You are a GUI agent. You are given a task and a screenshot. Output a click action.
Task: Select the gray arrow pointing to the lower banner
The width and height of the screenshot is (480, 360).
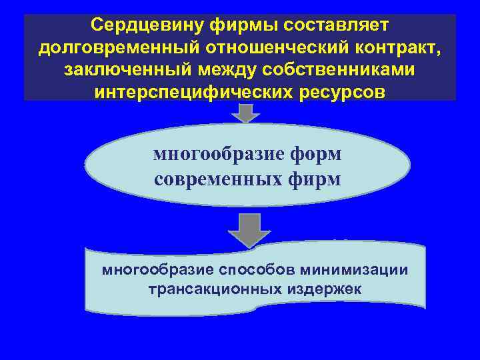pyautogui.click(x=249, y=229)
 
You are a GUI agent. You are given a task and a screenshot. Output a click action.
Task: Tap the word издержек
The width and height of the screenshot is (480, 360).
pyautogui.click(x=324, y=290)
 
